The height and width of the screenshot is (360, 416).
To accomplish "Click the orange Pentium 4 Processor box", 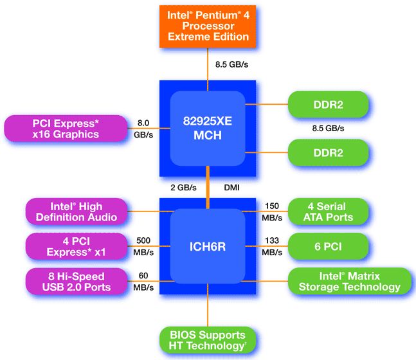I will pos(208,26).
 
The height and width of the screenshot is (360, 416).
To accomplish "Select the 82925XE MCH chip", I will pos(208,128).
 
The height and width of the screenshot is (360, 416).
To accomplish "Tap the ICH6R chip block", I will pos(208,246).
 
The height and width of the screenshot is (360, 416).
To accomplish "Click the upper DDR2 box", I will pos(329,103).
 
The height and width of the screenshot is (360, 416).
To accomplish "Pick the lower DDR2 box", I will pos(329,153).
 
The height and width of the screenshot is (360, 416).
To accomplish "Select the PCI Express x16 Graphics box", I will pos(66,128).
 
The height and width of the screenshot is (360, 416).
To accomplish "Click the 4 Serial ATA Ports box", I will pos(329,212).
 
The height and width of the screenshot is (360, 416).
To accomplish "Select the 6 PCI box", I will pos(329,246).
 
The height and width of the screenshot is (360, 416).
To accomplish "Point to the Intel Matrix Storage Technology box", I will pos(349,282).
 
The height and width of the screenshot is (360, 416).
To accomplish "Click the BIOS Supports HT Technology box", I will pos(208,340).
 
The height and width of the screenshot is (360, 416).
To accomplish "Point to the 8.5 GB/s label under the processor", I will pos(231,64).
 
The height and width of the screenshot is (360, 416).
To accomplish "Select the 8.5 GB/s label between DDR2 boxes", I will pos(327,128).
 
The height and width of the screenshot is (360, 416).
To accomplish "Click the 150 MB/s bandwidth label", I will pos(272,212).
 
